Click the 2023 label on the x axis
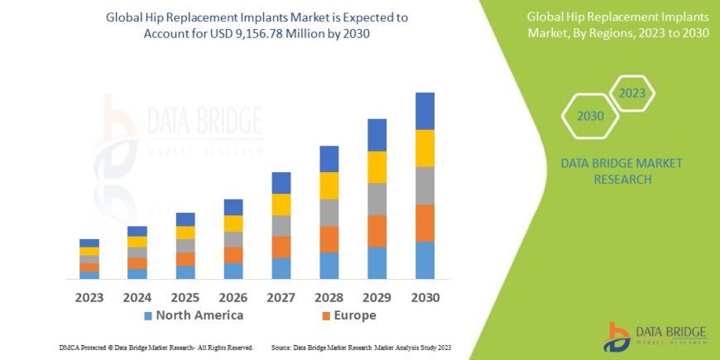(x=89, y=296)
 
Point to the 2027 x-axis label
(x=281, y=296)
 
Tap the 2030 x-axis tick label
(x=425, y=296)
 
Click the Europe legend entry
(x=348, y=315)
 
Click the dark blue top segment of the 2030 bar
(x=425, y=111)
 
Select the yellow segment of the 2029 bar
(x=377, y=167)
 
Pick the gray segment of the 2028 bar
(x=329, y=213)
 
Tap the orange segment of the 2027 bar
(x=281, y=247)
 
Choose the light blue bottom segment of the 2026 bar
(x=233, y=271)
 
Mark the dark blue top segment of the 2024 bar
(x=137, y=231)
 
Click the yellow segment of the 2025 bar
(x=185, y=233)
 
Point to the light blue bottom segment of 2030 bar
(x=425, y=260)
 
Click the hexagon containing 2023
(x=631, y=93)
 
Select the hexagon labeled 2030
(x=590, y=116)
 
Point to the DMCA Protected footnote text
(x=156, y=347)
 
